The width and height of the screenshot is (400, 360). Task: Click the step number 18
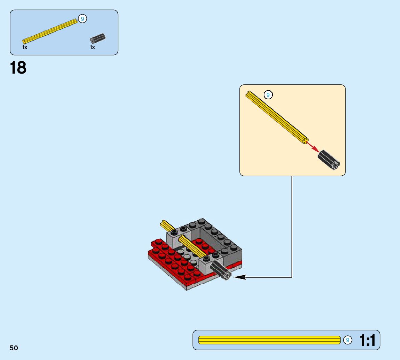tap(18, 68)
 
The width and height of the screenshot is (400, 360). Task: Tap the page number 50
tap(14, 348)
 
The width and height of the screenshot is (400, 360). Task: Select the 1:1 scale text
tap(367, 340)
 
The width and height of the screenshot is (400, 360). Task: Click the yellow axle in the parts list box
tap(50, 32)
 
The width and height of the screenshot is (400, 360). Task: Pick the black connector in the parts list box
tap(98, 38)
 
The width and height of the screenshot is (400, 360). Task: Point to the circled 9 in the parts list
tap(82, 19)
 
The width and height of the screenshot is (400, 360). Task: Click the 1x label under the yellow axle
tap(25, 47)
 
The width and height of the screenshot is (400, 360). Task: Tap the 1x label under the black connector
tap(92, 47)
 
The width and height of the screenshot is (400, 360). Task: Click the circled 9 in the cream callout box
tap(268, 95)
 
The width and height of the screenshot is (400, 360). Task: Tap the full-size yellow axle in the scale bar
tap(269, 340)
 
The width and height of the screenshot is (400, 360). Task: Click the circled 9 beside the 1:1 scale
tap(348, 340)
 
